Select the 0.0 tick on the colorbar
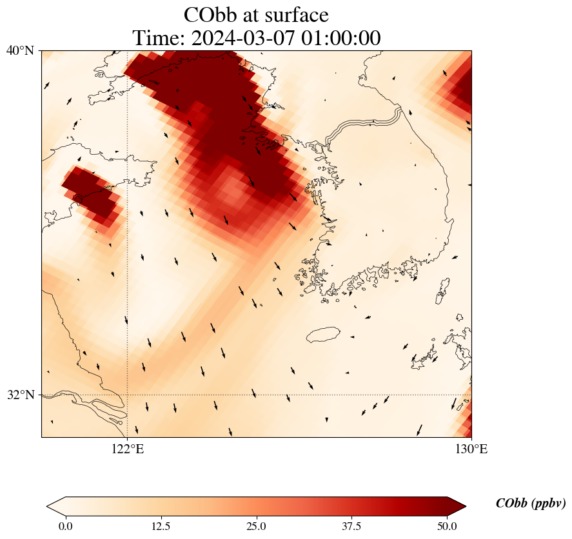tap(65, 526)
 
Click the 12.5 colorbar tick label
tap(161, 526)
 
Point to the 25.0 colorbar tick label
tap(257, 526)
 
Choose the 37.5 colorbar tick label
tap(352, 526)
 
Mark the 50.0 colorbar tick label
tap(447, 526)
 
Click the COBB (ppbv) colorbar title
tap(530, 504)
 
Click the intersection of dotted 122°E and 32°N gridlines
tap(128, 395)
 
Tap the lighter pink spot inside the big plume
tap(231, 189)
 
